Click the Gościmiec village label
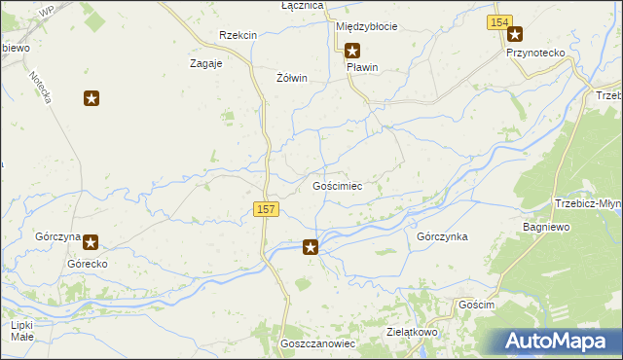pyautogui.click(x=337, y=185)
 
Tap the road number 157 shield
pyautogui.click(x=267, y=209)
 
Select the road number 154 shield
pyautogui.click(x=500, y=22)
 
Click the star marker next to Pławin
pyautogui.click(x=352, y=52)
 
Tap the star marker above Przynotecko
pyautogui.click(x=515, y=35)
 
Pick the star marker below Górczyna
pyautogui.click(x=91, y=243)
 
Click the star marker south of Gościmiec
pyautogui.click(x=311, y=247)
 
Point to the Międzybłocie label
pyautogui.click(x=366, y=26)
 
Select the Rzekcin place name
pyautogui.click(x=238, y=35)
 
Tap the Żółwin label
pyautogui.click(x=292, y=79)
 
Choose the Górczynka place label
pyautogui.click(x=442, y=236)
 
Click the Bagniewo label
pyautogui.click(x=545, y=226)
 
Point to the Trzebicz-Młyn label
pyautogui.click(x=587, y=203)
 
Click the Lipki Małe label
pyautogui.click(x=22, y=331)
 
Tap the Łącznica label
pyautogui.click(x=275, y=6)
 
